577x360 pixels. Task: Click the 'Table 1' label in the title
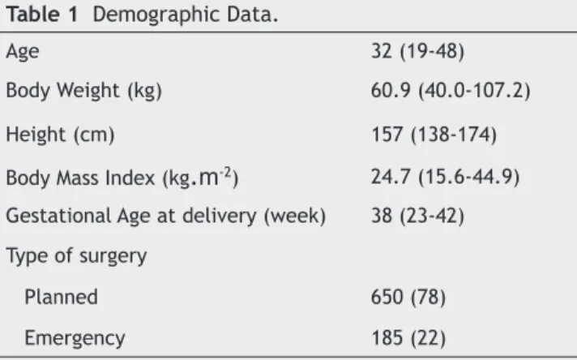pyautogui.click(x=42, y=15)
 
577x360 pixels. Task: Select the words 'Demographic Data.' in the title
pyautogui.click(x=186, y=15)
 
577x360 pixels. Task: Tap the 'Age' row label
pyautogui.click(x=23, y=52)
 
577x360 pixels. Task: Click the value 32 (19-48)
pyautogui.click(x=417, y=51)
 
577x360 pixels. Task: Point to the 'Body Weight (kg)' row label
pyautogui.click(x=84, y=91)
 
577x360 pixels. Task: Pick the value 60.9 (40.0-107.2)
pyautogui.click(x=451, y=91)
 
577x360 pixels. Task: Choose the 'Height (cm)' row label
pyautogui.click(x=60, y=135)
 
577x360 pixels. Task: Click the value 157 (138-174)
pyautogui.click(x=434, y=135)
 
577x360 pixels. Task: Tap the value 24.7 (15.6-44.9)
pyautogui.click(x=445, y=177)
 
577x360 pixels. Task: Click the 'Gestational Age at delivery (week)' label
pyautogui.click(x=166, y=216)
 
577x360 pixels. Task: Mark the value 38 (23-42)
pyautogui.click(x=417, y=216)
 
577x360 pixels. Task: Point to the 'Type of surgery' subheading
pyautogui.click(x=76, y=256)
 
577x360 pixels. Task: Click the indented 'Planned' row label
pyautogui.click(x=61, y=297)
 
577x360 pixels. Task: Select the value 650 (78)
pyautogui.click(x=408, y=297)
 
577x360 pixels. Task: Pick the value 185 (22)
pyautogui.click(x=408, y=338)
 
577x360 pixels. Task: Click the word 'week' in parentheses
pyautogui.click(x=295, y=216)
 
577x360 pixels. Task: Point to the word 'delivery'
pyautogui.click(x=220, y=216)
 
